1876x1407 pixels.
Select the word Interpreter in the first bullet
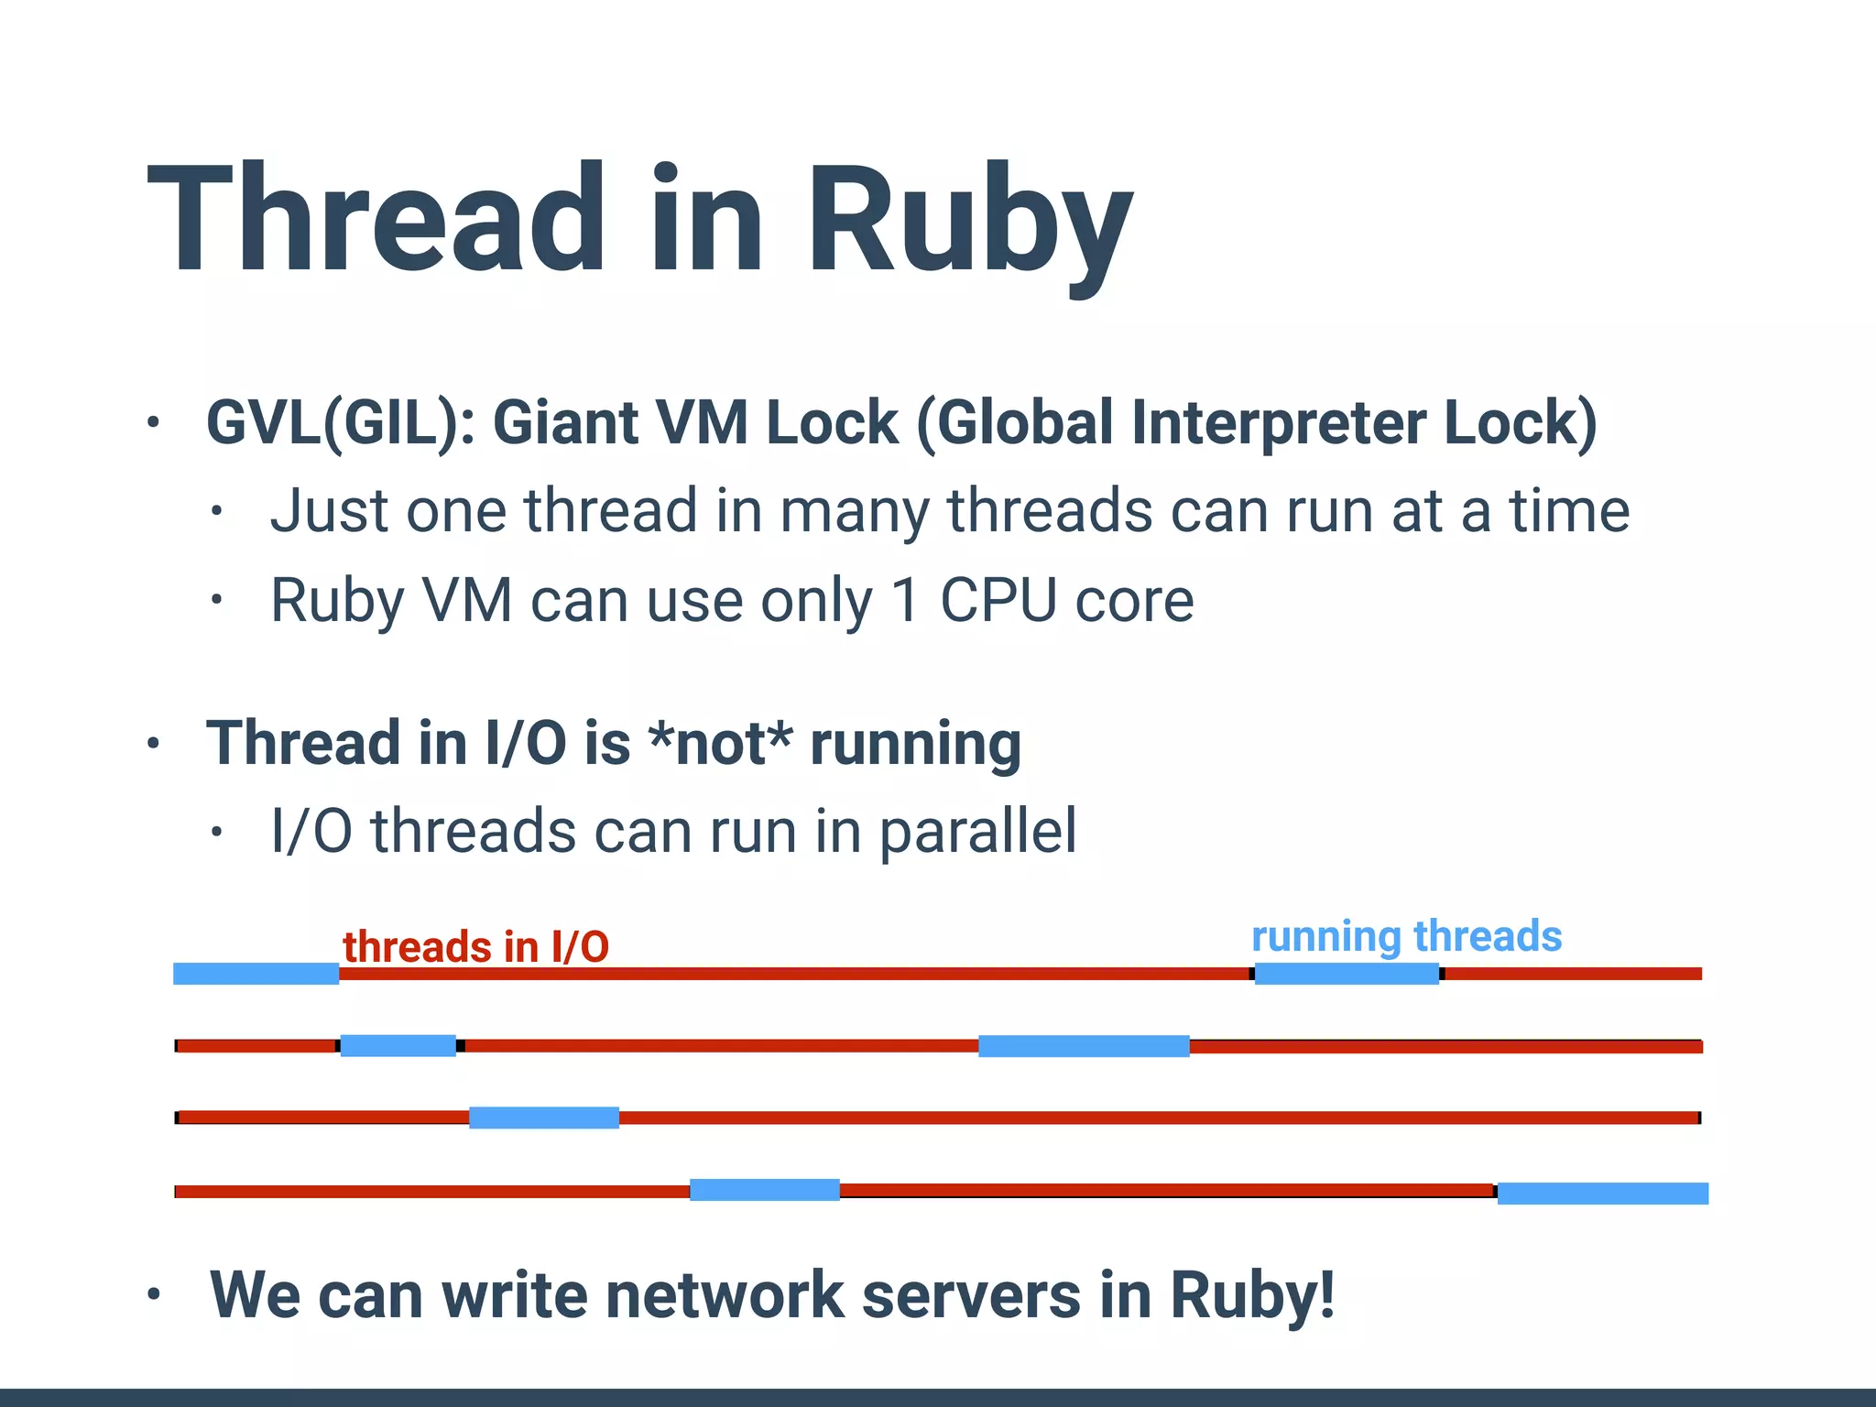[1279, 423]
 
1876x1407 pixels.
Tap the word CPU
[998, 601]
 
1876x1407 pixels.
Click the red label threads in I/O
[475, 946]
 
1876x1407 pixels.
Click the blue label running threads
[1406, 936]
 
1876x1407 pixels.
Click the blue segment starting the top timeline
[256, 974]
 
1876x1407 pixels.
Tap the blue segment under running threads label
[1346, 974]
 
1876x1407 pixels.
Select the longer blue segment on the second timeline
[1084, 1046]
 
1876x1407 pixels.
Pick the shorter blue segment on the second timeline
[398, 1045]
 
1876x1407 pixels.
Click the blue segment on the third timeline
[543, 1118]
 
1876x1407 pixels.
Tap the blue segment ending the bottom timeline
[1602, 1193]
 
